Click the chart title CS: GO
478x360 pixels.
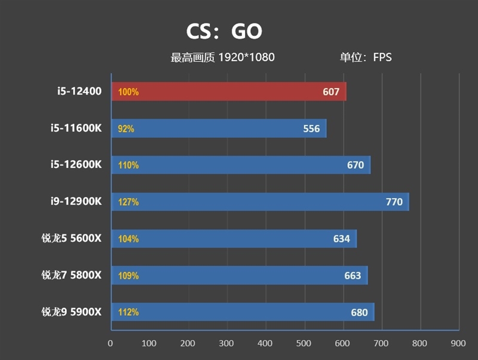pyautogui.click(x=224, y=31)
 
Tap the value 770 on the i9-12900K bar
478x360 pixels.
pyautogui.click(x=394, y=202)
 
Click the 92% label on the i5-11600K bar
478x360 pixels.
pyautogui.click(x=127, y=129)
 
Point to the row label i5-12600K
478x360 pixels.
pyautogui.click(x=76, y=164)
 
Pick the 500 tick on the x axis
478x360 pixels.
pyautogui.click(x=304, y=344)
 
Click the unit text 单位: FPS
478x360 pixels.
pyautogui.click(x=366, y=57)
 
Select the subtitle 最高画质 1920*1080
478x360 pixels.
pyautogui.click(x=223, y=57)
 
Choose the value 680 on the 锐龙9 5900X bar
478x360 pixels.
pyautogui.click(x=360, y=312)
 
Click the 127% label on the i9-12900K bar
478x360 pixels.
pyautogui.click(x=128, y=202)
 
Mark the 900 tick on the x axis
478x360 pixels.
pyautogui.click(x=458, y=344)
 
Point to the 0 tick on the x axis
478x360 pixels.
pyautogui.click(x=111, y=344)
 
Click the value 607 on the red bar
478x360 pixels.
pyautogui.click(x=330, y=92)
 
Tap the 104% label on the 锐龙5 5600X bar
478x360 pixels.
pyautogui.click(x=128, y=239)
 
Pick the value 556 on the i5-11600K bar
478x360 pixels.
pyautogui.click(x=311, y=129)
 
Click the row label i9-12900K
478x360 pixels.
pyautogui.click(x=76, y=202)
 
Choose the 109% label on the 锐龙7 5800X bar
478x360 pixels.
pyautogui.click(x=128, y=276)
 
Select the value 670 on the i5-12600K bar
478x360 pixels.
pyautogui.click(x=356, y=165)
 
